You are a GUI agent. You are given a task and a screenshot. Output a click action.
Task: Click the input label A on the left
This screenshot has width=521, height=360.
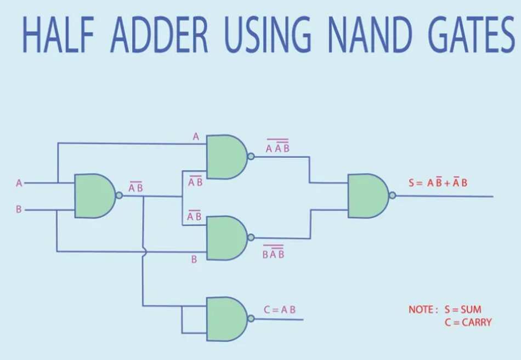[19, 183]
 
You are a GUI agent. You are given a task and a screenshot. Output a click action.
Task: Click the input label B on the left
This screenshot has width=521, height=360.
[19, 209]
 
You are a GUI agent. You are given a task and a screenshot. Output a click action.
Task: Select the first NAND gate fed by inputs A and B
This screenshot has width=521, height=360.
[94, 196]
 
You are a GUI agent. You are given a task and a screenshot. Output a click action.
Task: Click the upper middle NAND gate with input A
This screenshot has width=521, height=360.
[225, 157]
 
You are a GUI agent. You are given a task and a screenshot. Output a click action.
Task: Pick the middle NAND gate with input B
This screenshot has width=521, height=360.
[225, 238]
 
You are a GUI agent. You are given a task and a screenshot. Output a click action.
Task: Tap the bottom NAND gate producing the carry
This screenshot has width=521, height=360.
[225, 319]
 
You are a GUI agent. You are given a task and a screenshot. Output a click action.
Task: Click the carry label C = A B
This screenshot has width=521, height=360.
[280, 310]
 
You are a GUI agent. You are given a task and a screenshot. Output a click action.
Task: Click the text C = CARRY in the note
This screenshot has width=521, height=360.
[468, 322]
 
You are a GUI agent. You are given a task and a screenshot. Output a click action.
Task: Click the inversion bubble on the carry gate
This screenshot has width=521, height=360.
[251, 319]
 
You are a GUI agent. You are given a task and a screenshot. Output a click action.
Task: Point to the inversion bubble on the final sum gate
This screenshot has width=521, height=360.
[392, 196]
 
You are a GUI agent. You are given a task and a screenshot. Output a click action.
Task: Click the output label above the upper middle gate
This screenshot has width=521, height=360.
[278, 147]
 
